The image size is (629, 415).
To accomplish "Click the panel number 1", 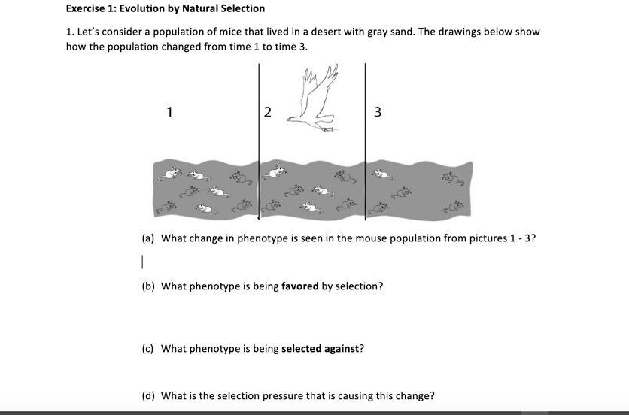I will pos(170,113).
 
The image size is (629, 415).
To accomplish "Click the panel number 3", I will pos(377,113).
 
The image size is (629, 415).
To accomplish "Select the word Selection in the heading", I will pos(241,8).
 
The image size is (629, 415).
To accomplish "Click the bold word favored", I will pos(300,286).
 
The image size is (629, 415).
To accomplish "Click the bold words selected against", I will pos(322,349).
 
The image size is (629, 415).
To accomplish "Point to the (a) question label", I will pos(149,238).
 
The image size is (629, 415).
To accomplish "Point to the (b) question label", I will pos(149,286).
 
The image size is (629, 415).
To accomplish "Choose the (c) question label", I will pos(149,349).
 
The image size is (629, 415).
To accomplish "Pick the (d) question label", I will pos(149,395).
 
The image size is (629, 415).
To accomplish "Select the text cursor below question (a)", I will pos(141,262).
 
